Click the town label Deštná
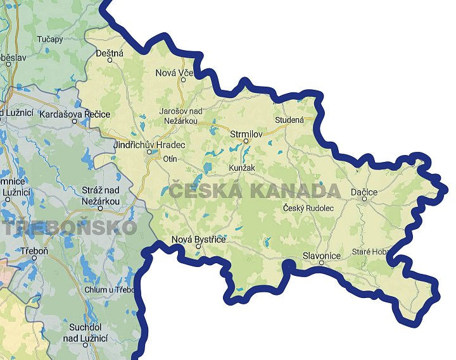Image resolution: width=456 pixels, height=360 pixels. click(109, 54)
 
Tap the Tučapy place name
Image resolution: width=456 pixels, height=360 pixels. click(50, 39)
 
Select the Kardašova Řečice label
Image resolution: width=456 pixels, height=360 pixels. click(75, 115)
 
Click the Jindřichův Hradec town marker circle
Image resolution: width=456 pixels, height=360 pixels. click(150, 152)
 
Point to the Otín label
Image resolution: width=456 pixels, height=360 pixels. click(170, 159)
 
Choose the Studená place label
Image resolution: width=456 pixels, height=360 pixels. click(289, 120)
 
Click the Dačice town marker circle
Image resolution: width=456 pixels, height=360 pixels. click(364, 199)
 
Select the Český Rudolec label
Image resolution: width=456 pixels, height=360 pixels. click(307, 208)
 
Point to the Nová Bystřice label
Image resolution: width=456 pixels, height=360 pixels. click(198, 239)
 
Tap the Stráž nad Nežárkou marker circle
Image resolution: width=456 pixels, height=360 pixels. click(100, 208)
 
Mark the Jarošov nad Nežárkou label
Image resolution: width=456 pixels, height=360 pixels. click(179, 116)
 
